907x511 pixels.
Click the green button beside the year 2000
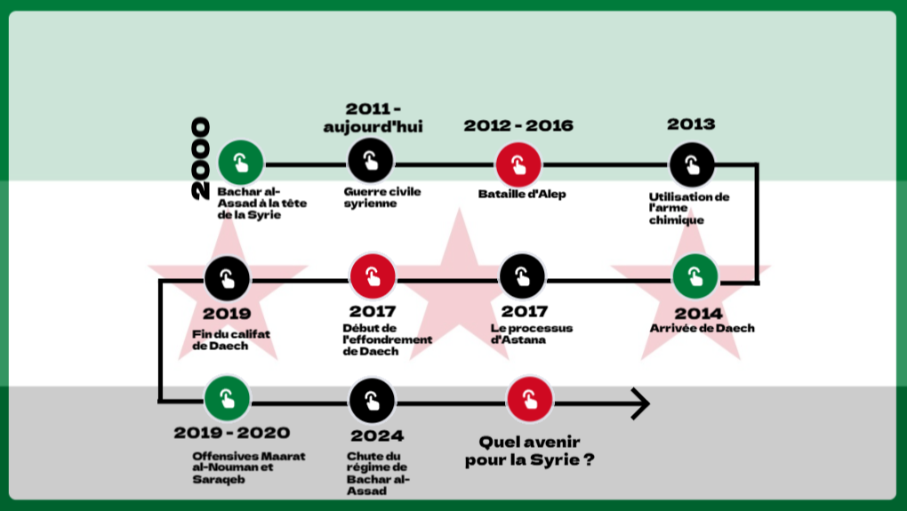click(241, 163)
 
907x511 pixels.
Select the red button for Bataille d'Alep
click(518, 164)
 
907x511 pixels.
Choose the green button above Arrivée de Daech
click(694, 276)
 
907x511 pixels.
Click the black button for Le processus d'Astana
click(522, 276)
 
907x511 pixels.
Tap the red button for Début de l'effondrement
click(372, 276)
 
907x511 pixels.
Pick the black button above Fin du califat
click(227, 278)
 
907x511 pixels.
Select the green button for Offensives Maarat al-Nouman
click(227, 399)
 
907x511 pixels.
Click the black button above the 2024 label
click(373, 400)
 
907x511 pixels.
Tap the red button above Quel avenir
click(530, 399)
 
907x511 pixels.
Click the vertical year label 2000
click(200, 158)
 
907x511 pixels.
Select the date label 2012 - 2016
click(518, 126)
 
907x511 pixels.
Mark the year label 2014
click(698, 313)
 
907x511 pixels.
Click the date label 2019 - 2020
click(231, 433)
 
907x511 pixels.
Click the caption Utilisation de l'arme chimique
click(688, 208)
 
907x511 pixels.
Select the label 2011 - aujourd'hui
click(372, 117)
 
